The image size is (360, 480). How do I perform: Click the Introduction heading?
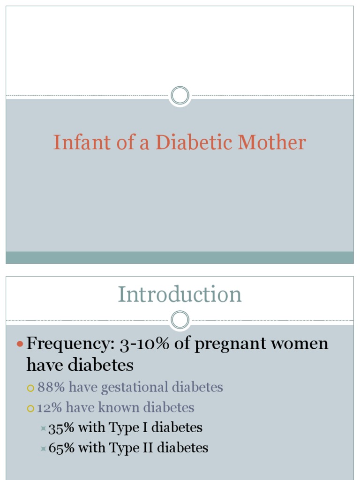coord(180,294)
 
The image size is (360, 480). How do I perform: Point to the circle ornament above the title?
coord(180,96)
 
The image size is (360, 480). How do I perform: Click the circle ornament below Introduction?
coord(180,321)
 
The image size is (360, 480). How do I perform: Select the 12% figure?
coord(49,408)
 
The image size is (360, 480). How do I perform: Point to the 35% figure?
coord(61,427)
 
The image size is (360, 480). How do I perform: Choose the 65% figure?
coord(61,448)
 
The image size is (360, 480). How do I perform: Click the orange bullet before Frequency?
coord(20,345)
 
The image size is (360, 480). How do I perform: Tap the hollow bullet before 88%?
coord(31,388)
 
